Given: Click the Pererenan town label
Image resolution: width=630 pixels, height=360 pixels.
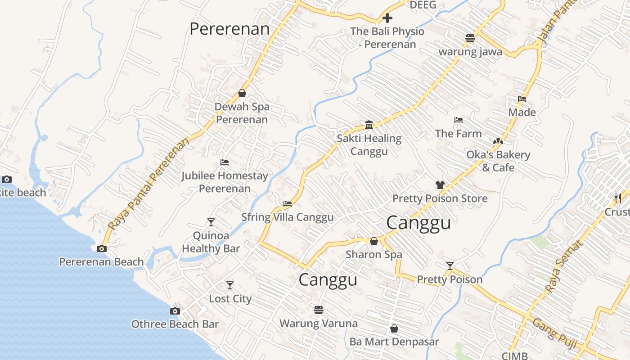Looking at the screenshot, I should pyautogui.click(x=229, y=29).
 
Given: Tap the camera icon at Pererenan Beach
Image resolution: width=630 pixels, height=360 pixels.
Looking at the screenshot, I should pyautogui.click(x=101, y=248).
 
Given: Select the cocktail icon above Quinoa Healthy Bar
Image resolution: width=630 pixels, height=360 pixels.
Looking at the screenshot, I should pyautogui.click(x=211, y=222).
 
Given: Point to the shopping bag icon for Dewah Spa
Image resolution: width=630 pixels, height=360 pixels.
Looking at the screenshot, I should pyautogui.click(x=242, y=93).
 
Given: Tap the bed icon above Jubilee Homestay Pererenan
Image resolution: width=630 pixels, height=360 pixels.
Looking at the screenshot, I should pyautogui.click(x=225, y=162).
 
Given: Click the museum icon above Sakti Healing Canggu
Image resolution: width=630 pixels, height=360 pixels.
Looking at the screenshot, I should pyautogui.click(x=369, y=125).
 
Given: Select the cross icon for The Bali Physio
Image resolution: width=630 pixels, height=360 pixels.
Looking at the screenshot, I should pyautogui.click(x=387, y=18).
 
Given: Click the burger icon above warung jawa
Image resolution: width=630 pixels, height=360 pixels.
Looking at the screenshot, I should pyautogui.click(x=470, y=38).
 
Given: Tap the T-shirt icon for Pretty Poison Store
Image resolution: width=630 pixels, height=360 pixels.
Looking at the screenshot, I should pyautogui.click(x=440, y=184).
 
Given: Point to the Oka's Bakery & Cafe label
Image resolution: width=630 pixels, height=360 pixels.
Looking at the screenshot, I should pyautogui.click(x=498, y=161).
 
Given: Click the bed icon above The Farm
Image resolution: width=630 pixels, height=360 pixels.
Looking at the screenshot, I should pyautogui.click(x=459, y=120).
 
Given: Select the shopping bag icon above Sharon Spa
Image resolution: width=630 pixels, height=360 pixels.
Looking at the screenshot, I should pyautogui.click(x=373, y=241).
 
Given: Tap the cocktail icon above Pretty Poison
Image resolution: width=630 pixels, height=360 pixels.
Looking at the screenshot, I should pyautogui.click(x=450, y=266).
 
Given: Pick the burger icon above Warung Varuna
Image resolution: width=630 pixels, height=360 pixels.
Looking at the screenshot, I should pyautogui.click(x=319, y=310).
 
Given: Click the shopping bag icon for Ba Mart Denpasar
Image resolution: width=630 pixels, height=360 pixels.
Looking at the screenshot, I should pyautogui.click(x=394, y=328).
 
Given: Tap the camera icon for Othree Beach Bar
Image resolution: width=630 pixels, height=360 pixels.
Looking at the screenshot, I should pyautogui.click(x=175, y=311).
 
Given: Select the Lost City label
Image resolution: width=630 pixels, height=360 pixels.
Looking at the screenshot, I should pyautogui.click(x=230, y=299).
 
